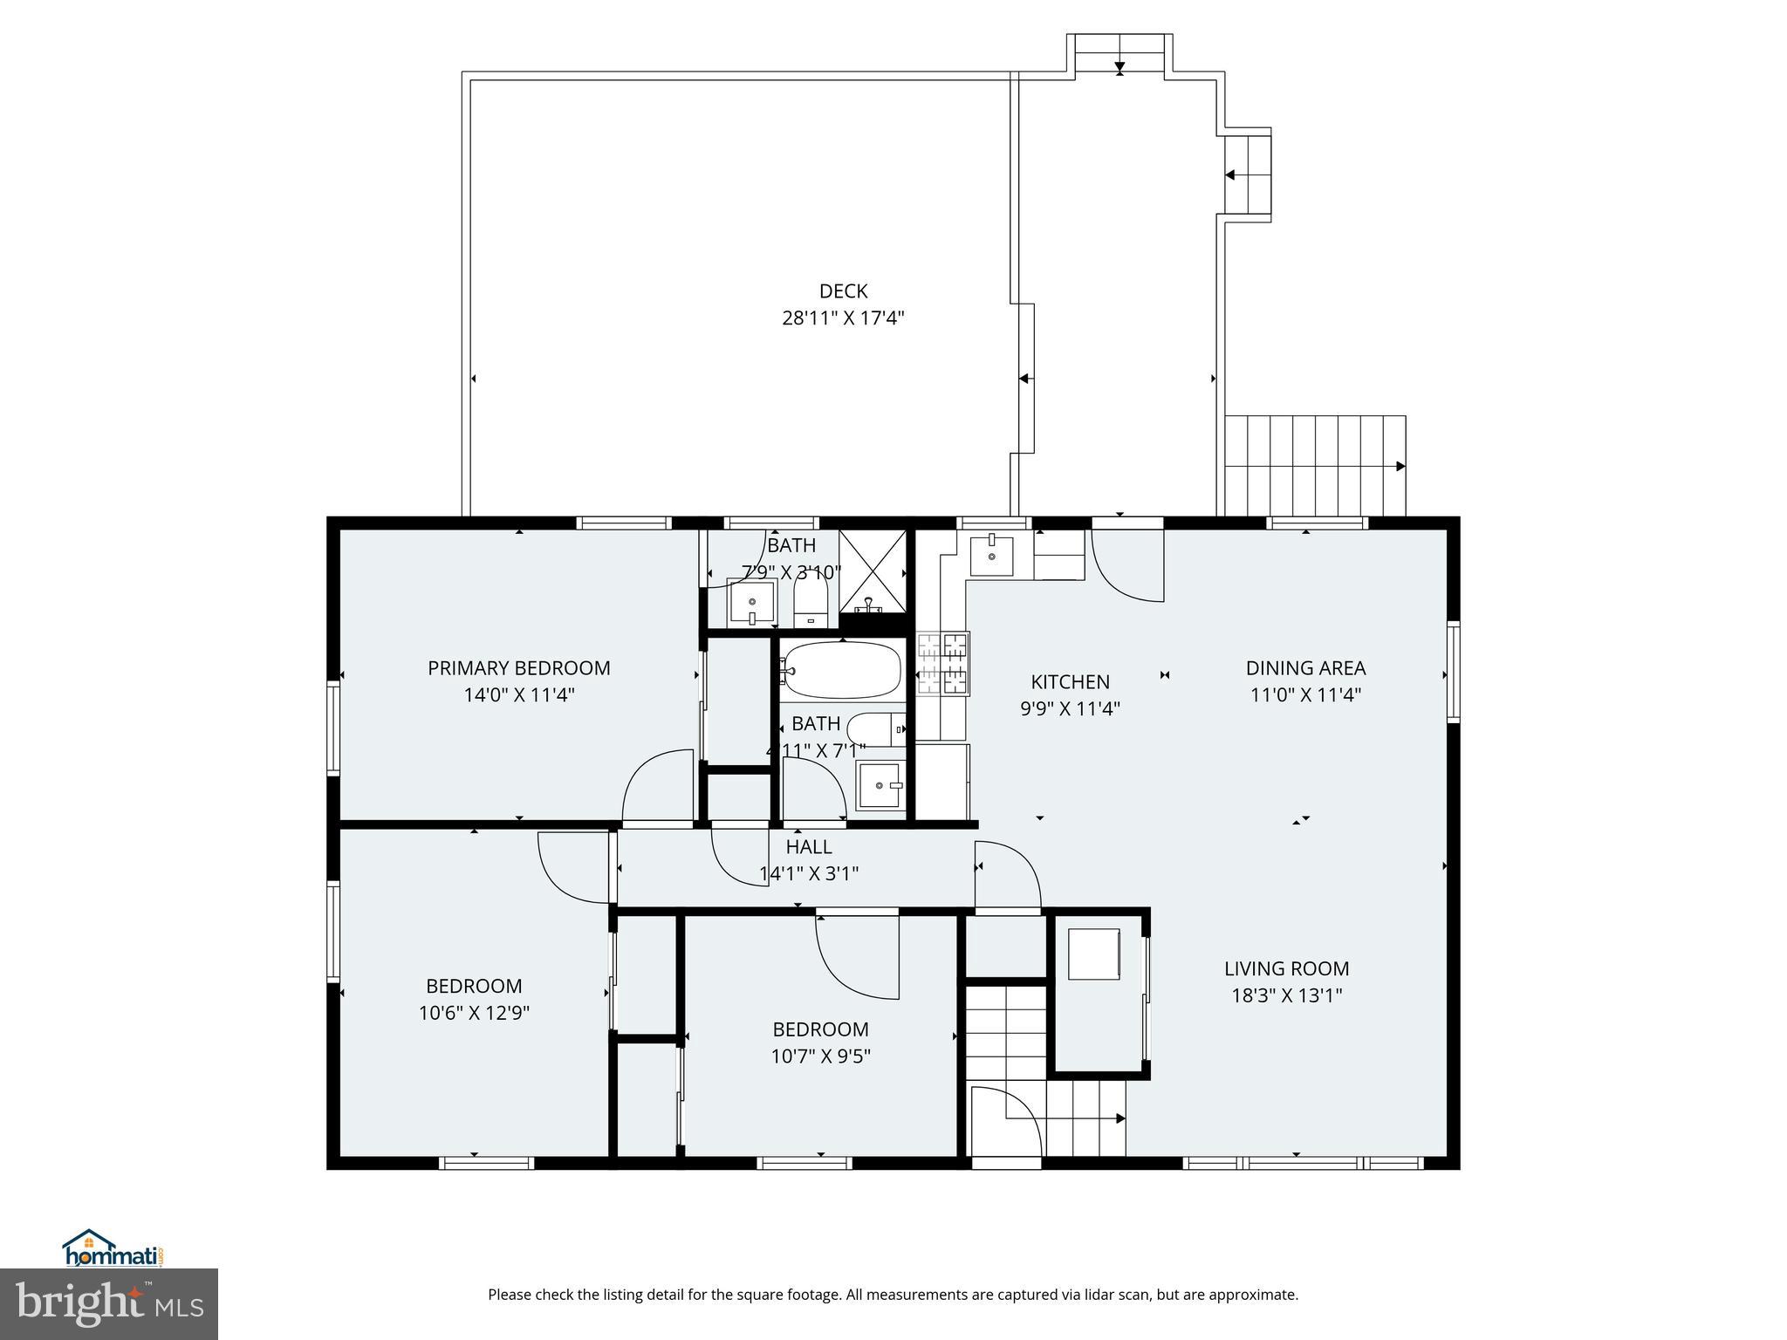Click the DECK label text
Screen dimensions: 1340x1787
[843, 291]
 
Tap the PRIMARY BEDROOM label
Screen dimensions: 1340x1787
[518, 668]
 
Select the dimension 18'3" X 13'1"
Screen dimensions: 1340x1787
[1286, 995]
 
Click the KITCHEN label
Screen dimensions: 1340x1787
[1070, 682]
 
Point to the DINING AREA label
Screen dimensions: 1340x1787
[1304, 668]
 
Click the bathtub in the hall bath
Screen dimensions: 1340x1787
[840, 670]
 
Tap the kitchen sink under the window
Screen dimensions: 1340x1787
[992, 556]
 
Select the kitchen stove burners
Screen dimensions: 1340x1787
[943, 664]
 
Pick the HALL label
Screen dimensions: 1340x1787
[809, 847]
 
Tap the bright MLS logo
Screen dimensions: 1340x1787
[109, 1303]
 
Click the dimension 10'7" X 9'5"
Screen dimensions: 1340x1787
[820, 1056]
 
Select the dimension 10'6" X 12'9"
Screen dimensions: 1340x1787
[474, 1013]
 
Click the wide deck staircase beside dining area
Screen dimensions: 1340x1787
[1314, 466]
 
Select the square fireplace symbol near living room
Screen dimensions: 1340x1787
[1094, 954]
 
